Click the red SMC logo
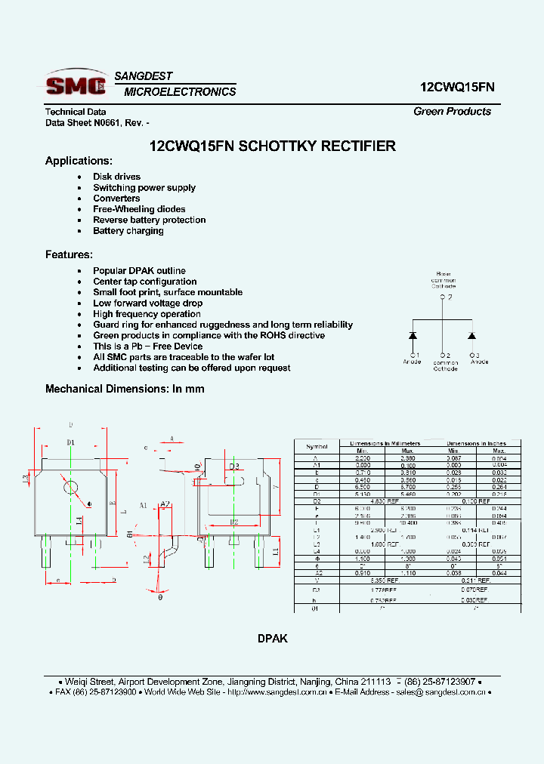[76, 84]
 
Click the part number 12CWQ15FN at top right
[457, 87]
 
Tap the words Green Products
[452, 111]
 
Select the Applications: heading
[79, 161]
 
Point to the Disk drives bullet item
[116, 177]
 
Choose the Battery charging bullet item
[128, 231]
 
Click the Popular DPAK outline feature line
[139, 270]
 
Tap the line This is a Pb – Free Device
[147, 347]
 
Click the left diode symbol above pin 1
[413, 334]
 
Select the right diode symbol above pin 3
[472, 334]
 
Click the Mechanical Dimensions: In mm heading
[125, 389]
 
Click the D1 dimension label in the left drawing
[70, 442]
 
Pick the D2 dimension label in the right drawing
[233, 522]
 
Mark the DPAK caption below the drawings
[272, 639]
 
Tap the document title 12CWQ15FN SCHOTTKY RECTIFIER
[273, 146]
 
